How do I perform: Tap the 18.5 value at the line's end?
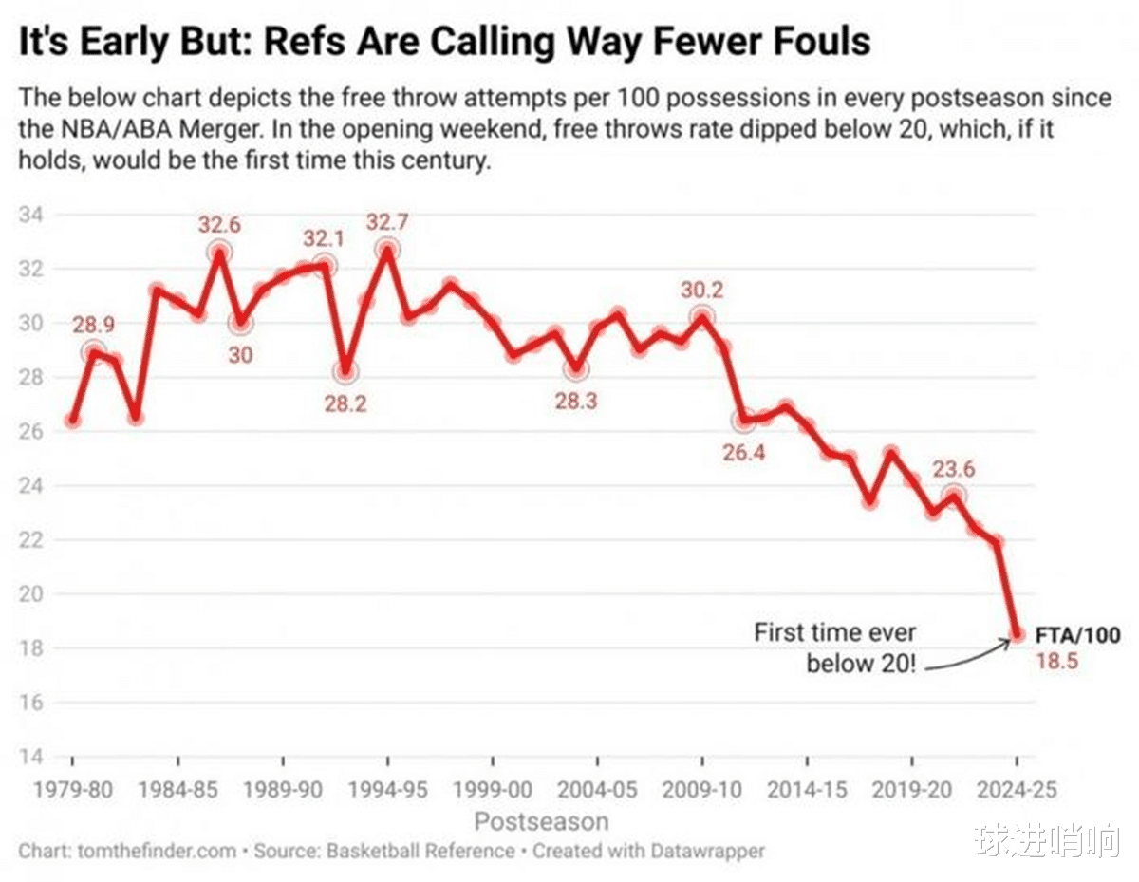tap(1055, 661)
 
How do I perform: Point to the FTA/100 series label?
tap(1077, 635)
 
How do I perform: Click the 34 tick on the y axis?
tap(30, 215)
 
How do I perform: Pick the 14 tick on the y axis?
tap(30, 757)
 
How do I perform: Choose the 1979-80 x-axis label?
tap(73, 789)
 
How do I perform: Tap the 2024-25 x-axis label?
tap(1017, 789)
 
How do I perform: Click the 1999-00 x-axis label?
tap(493, 789)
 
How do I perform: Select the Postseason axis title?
tap(541, 820)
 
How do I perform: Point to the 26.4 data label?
tap(744, 452)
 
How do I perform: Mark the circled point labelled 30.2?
tap(702, 317)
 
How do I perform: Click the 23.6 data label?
tap(953, 469)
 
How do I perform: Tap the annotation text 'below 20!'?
tap(862, 663)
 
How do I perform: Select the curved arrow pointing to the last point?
tap(968, 657)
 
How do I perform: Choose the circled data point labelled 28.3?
tap(576, 368)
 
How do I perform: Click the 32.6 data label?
tap(220, 225)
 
